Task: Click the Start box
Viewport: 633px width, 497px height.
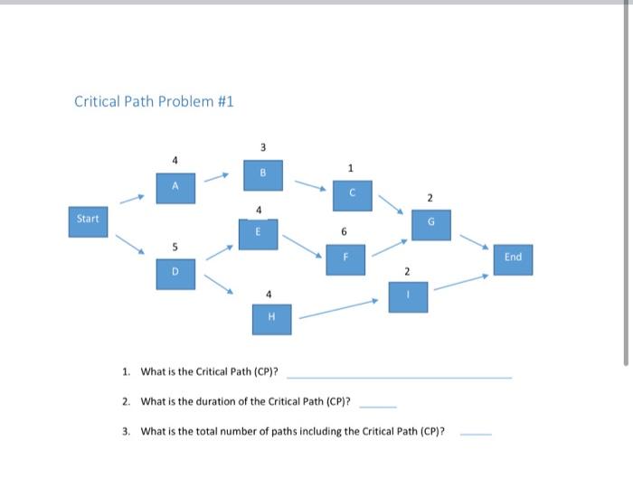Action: click(88, 220)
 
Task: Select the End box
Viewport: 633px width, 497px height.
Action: click(513, 258)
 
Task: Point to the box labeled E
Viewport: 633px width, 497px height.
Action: click(259, 232)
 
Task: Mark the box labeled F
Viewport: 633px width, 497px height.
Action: click(345, 258)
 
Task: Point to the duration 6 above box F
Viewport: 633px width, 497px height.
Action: click(345, 232)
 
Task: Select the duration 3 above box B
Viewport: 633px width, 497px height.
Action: click(263, 147)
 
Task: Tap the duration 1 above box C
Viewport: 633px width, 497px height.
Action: click(352, 167)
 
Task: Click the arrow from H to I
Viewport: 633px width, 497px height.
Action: click(338, 309)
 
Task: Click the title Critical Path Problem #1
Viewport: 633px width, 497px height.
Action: click(154, 101)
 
